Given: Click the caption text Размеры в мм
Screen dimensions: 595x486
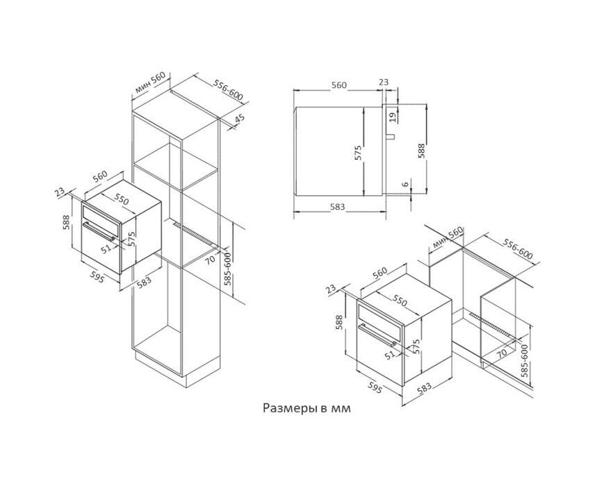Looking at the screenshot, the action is click(x=307, y=408).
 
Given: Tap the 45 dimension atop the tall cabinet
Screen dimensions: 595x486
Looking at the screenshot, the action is click(x=240, y=119).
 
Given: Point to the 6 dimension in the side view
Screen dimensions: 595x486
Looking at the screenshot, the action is click(x=405, y=184).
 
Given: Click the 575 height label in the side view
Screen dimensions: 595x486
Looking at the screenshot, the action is click(x=359, y=153).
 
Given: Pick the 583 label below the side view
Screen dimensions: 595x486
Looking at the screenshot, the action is click(x=337, y=207).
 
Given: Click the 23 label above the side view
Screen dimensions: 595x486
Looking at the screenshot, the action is click(x=384, y=82).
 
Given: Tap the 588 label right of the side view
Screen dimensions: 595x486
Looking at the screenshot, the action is click(x=422, y=151).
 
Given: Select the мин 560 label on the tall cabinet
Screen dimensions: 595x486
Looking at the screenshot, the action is click(x=150, y=83).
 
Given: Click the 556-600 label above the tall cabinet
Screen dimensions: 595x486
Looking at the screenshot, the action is click(x=228, y=90).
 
